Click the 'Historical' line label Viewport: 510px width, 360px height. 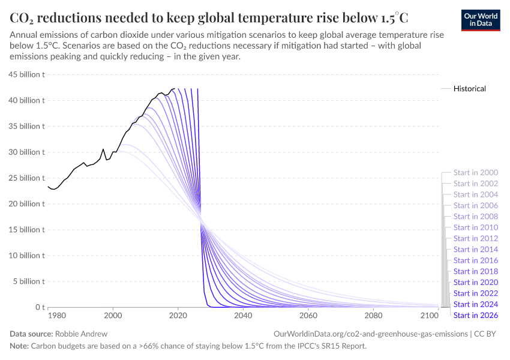pyautogui.click(x=469, y=88)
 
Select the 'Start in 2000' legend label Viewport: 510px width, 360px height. pyautogui.click(x=476, y=173)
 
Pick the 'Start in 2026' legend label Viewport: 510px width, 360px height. pyautogui.click(x=476, y=315)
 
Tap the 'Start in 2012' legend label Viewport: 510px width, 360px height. pyautogui.click(x=476, y=238)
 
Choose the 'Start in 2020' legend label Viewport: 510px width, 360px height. pyautogui.click(x=476, y=282)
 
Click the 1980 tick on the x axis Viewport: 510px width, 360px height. pyautogui.click(x=56, y=316)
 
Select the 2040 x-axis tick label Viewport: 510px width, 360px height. pyautogui.click(x=243, y=316)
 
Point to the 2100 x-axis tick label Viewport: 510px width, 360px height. pyautogui.click(x=429, y=316)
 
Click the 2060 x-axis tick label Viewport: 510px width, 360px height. pyautogui.click(x=308, y=316)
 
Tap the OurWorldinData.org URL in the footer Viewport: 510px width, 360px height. pyautogui.click(x=370, y=334)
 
